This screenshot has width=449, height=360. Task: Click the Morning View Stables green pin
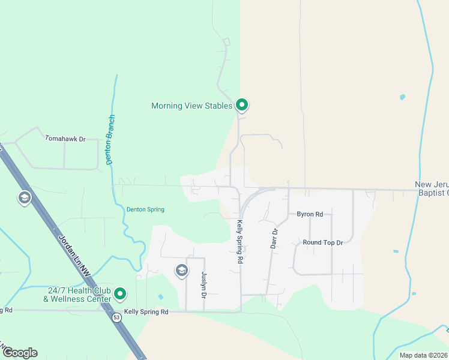242,105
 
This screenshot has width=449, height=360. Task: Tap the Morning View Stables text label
191,106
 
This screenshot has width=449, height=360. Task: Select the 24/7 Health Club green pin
121,293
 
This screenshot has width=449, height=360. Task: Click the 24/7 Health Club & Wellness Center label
77,294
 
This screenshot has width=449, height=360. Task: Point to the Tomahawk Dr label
65,139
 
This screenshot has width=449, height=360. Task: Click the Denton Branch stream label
110,140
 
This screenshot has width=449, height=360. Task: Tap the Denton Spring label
145,209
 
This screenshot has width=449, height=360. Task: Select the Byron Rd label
310,214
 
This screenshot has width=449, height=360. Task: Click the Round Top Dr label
322,243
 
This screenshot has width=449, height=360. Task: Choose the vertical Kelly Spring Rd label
239,242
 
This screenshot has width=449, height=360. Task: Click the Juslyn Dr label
203,285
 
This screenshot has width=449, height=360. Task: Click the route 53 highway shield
116,317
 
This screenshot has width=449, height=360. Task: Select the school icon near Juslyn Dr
181,271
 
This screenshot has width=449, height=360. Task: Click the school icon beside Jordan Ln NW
24,198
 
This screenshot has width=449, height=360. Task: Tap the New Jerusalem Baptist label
432,188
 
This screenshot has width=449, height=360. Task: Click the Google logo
20,353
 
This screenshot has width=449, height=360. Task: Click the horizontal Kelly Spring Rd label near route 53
146,312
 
